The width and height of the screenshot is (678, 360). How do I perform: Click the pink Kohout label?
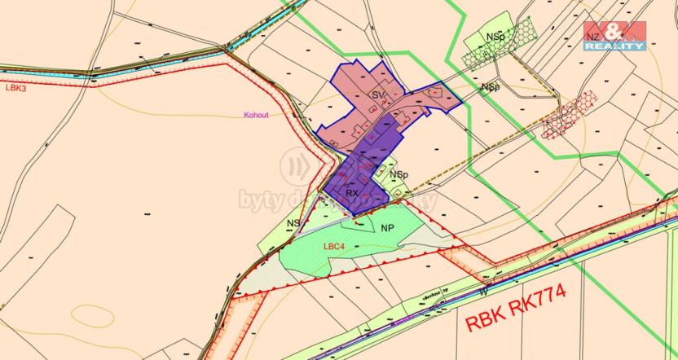255,115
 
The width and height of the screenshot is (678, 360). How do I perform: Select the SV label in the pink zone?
378,96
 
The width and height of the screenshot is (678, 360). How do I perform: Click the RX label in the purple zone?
352,193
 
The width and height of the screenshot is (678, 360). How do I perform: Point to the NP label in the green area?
387,228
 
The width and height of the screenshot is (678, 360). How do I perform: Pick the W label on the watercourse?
483,290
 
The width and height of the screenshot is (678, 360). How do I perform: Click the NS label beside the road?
293,222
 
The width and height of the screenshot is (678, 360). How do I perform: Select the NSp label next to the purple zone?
398,175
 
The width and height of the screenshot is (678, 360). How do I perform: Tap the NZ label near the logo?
593,38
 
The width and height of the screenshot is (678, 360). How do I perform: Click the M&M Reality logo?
614,36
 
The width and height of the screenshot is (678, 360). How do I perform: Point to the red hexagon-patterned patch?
570,112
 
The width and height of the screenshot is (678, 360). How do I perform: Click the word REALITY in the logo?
615,46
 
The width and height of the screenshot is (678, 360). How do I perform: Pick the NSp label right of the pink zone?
490,86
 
